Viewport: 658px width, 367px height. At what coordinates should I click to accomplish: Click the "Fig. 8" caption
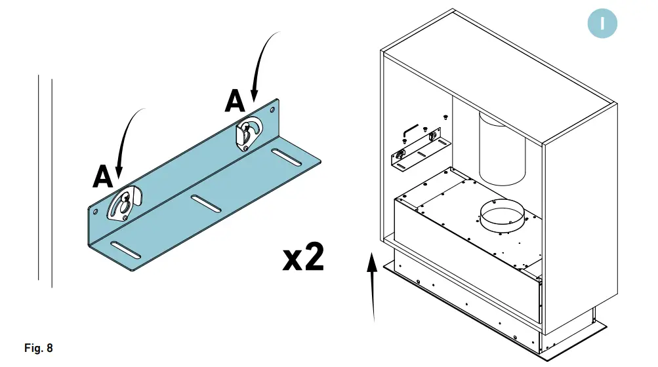38,348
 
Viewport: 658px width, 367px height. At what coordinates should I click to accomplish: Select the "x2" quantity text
303,258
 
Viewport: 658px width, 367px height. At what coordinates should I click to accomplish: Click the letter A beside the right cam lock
235,102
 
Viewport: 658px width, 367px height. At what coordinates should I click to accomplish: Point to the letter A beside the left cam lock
103,176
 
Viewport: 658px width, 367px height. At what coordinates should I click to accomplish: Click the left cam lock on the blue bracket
123,204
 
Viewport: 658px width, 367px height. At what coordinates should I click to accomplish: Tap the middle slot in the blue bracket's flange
207,203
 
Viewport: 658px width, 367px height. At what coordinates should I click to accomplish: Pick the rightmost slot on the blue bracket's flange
286,157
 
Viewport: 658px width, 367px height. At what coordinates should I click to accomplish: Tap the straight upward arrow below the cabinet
373,288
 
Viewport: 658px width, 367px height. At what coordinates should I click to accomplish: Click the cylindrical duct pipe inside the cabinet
503,147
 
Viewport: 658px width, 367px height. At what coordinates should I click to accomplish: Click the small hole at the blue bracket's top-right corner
274,109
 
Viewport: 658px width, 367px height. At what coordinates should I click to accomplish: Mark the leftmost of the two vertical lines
39,180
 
